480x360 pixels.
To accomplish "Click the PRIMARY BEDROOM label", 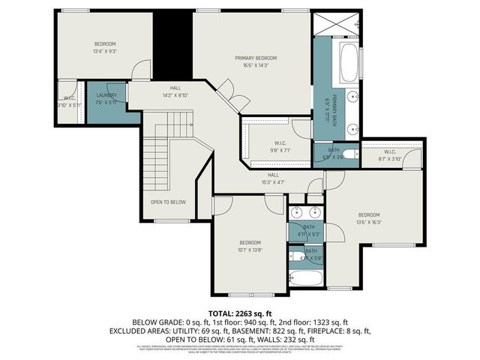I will click(x=255, y=58).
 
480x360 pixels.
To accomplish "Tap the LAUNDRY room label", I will click(x=106, y=95).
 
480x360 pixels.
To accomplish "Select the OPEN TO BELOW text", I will click(x=168, y=202).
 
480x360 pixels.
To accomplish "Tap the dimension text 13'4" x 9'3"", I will click(x=106, y=52).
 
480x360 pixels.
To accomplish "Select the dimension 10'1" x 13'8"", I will click(x=250, y=250).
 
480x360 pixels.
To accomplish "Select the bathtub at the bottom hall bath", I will click(x=305, y=279).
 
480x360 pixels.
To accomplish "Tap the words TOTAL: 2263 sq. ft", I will click(x=240, y=313).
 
